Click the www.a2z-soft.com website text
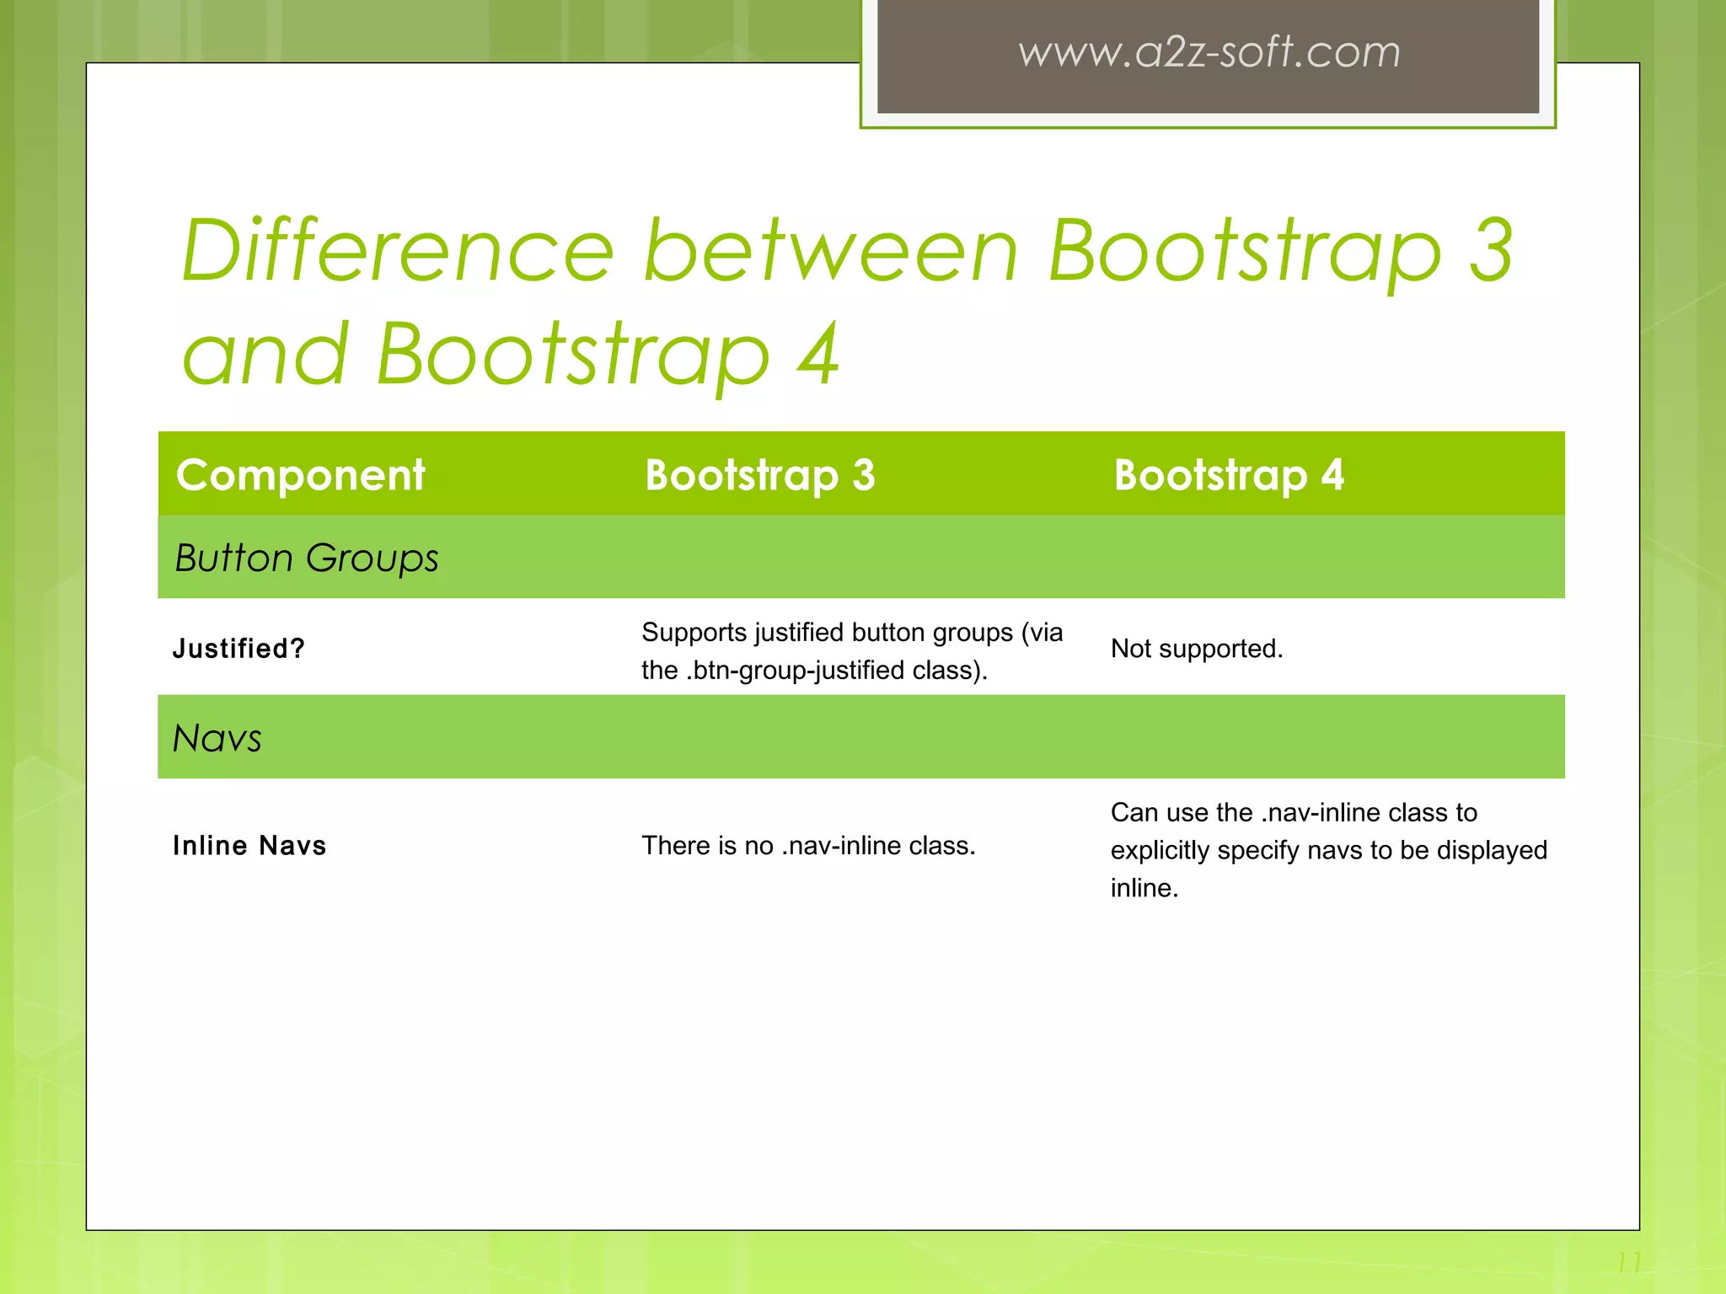click(1209, 52)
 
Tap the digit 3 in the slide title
click(1491, 250)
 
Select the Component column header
click(300, 475)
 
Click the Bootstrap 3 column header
click(759, 475)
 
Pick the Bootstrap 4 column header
click(1228, 475)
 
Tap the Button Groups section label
click(306, 558)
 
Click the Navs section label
click(217, 738)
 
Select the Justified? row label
click(239, 649)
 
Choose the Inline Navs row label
click(249, 846)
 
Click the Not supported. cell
click(1196, 649)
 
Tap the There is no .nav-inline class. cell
click(807, 846)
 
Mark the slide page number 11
click(1628, 1263)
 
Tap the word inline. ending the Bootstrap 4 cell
click(1144, 888)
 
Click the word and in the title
click(265, 355)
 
